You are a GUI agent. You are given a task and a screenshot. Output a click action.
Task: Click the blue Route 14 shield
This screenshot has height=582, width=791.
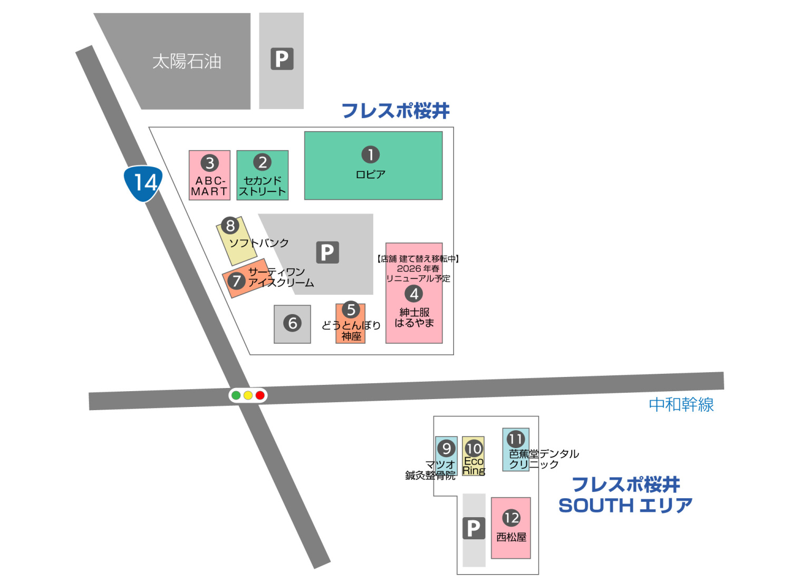coord(143,183)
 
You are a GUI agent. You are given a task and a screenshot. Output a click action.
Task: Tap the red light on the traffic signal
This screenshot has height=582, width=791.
coord(260,395)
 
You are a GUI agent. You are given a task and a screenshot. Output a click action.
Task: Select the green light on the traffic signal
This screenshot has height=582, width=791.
coord(236,395)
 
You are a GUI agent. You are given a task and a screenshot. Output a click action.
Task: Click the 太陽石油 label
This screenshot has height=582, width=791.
coord(187,62)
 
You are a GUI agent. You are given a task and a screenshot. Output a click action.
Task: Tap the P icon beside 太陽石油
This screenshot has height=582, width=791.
coord(282,59)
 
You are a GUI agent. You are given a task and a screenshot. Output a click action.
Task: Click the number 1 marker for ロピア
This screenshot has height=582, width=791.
coord(371,154)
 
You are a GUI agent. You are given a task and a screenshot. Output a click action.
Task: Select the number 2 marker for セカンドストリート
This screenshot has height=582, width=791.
coord(263,162)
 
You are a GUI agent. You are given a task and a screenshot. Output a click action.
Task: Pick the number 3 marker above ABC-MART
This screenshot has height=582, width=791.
coord(210,163)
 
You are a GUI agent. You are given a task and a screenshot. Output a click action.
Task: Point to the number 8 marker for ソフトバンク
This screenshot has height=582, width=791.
coord(230,226)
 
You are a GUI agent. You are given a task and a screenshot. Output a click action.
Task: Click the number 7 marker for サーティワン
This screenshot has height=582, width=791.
coord(236,281)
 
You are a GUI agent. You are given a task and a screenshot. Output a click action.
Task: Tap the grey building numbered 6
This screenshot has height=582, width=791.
coord(292,323)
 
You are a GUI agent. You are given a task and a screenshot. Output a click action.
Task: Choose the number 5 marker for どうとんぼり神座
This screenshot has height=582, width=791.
coord(351,310)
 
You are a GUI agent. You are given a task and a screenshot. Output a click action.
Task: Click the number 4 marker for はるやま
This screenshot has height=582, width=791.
coord(414,294)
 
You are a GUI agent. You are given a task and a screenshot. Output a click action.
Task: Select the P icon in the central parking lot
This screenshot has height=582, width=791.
coord(327,253)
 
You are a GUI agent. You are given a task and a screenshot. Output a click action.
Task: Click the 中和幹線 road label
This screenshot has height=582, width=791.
coord(681,405)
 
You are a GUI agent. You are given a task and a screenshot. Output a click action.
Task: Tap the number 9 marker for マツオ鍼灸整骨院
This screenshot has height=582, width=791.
coord(447,448)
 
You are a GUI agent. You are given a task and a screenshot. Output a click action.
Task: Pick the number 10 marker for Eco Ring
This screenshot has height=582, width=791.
coord(474,448)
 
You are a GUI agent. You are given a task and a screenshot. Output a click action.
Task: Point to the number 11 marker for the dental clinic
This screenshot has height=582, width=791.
coord(516,439)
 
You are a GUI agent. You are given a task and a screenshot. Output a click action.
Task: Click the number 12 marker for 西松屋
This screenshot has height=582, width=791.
coord(511,518)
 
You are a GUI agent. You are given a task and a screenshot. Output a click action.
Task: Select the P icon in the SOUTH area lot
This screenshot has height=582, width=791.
coord(474,528)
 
